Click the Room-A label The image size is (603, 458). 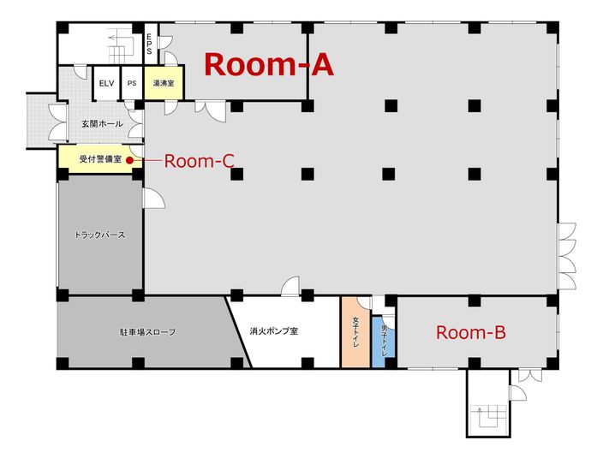click(268, 64)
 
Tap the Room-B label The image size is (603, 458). click(470, 333)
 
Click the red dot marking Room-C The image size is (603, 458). click(128, 160)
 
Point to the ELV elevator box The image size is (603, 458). click(106, 83)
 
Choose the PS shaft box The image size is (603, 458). click(131, 83)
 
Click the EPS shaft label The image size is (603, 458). click(149, 45)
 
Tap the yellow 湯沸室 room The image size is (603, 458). click(164, 84)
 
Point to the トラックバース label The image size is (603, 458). click(100, 234)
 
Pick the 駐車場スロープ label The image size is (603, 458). click(146, 331)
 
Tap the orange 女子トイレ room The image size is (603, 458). click(355, 332)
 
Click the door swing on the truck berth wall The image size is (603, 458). click(154, 198)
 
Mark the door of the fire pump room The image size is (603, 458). click(291, 286)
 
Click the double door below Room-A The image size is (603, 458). click(209, 109)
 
